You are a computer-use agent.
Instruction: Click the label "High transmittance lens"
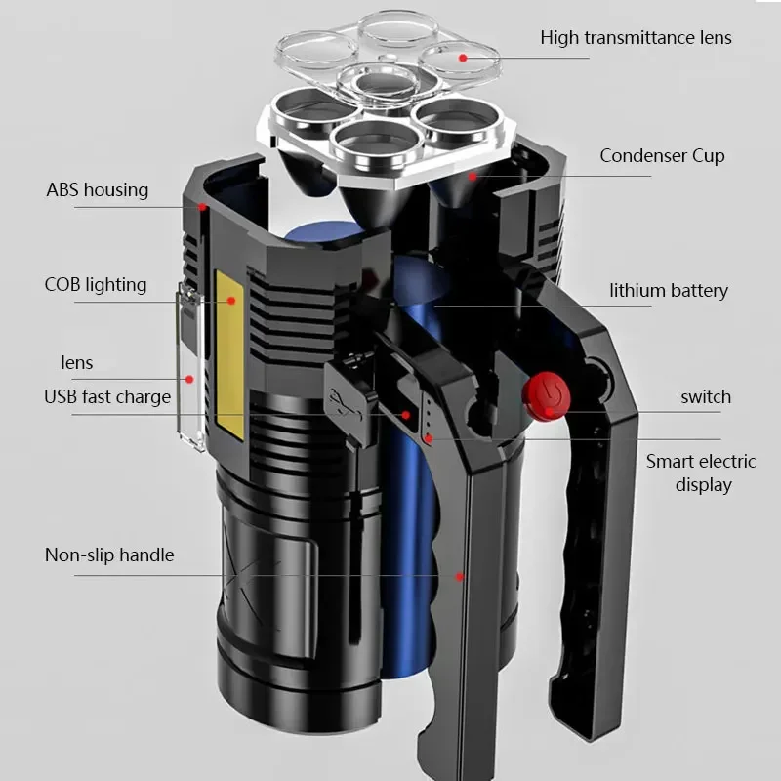click(636, 38)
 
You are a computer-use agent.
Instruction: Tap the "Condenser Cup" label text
click(662, 156)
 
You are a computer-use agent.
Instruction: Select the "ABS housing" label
click(97, 190)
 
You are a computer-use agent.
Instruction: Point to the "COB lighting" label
click(96, 285)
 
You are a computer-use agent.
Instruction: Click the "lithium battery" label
click(669, 290)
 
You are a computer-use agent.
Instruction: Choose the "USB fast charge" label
click(107, 397)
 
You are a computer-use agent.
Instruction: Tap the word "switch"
click(706, 397)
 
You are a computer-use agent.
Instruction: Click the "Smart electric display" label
click(701, 473)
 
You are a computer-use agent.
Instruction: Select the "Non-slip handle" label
click(109, 555)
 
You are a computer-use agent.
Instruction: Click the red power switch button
click(546, 396)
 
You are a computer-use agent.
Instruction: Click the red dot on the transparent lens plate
click(463, 59)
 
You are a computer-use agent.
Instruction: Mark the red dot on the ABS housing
click(202, 207)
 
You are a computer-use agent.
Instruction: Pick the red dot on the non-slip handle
click(459, 577)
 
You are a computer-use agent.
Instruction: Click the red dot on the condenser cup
click(473, 177)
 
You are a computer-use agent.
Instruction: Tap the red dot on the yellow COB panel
click(231, 301)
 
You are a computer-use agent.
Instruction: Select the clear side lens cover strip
click(189, 366)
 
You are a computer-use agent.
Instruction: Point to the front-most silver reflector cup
click(375, 144)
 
